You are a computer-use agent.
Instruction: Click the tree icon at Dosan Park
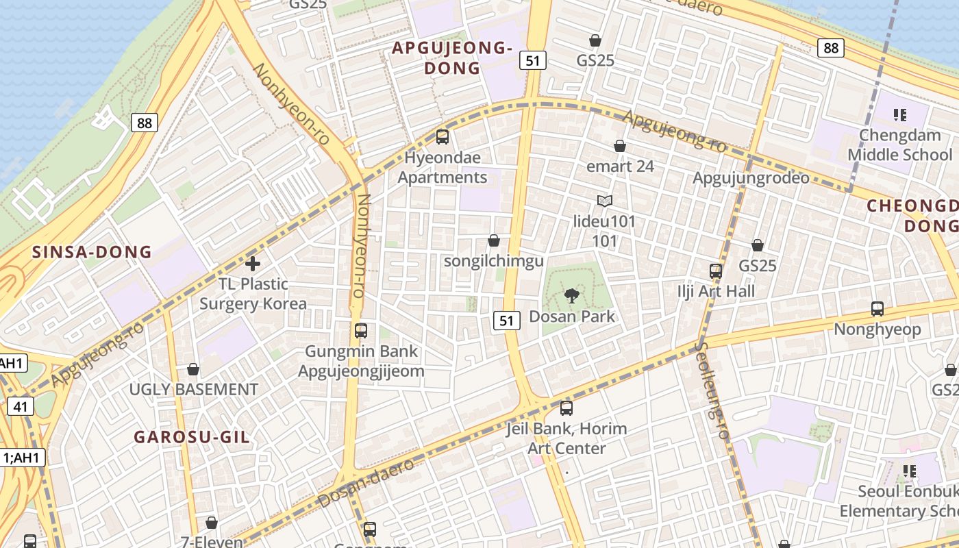coord(571,296)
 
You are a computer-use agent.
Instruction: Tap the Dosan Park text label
coord(572,316)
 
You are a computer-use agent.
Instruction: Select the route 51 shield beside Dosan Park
coord(506,320)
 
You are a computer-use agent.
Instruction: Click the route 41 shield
coord(21,406)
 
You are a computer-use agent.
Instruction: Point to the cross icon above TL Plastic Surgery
coord(253,263)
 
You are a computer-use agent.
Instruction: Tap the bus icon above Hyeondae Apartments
coord(443,136)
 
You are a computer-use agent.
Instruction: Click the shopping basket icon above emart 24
coord(620,146)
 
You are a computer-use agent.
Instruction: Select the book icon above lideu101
coord(604,201)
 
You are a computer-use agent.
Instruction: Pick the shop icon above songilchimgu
coord(493,240)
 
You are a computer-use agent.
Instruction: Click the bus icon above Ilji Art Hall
coord(716,271)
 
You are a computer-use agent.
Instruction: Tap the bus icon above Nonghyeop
coord(877,309)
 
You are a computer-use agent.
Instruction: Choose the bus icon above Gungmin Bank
coord(361,331)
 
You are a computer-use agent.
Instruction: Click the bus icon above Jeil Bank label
coord(566,408)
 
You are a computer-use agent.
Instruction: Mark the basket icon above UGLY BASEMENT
coord(193,369)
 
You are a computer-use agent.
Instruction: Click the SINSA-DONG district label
coord(92,252)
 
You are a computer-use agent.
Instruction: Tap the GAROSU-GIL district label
coord(192,437)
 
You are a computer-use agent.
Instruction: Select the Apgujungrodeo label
coord(751,178)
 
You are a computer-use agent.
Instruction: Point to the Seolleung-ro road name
coord(712,390)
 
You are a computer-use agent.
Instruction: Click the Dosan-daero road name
coord(367,483)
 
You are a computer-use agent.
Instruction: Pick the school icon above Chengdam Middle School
coord(900,114)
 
